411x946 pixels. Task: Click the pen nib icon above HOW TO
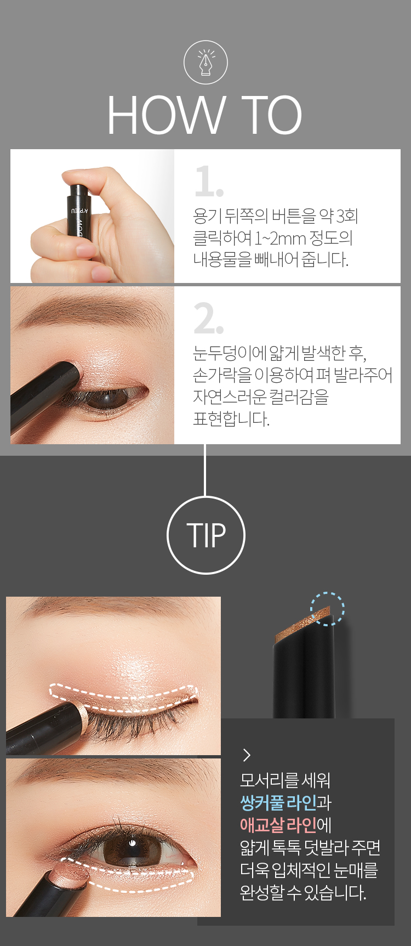(x=206, y=63)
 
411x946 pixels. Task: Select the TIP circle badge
(x=206, y=535)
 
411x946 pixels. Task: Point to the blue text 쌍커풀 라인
(x=278, y=802)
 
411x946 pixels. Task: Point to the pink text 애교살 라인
(x=278, y=825)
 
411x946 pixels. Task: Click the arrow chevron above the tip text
(x=247, y=755)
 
